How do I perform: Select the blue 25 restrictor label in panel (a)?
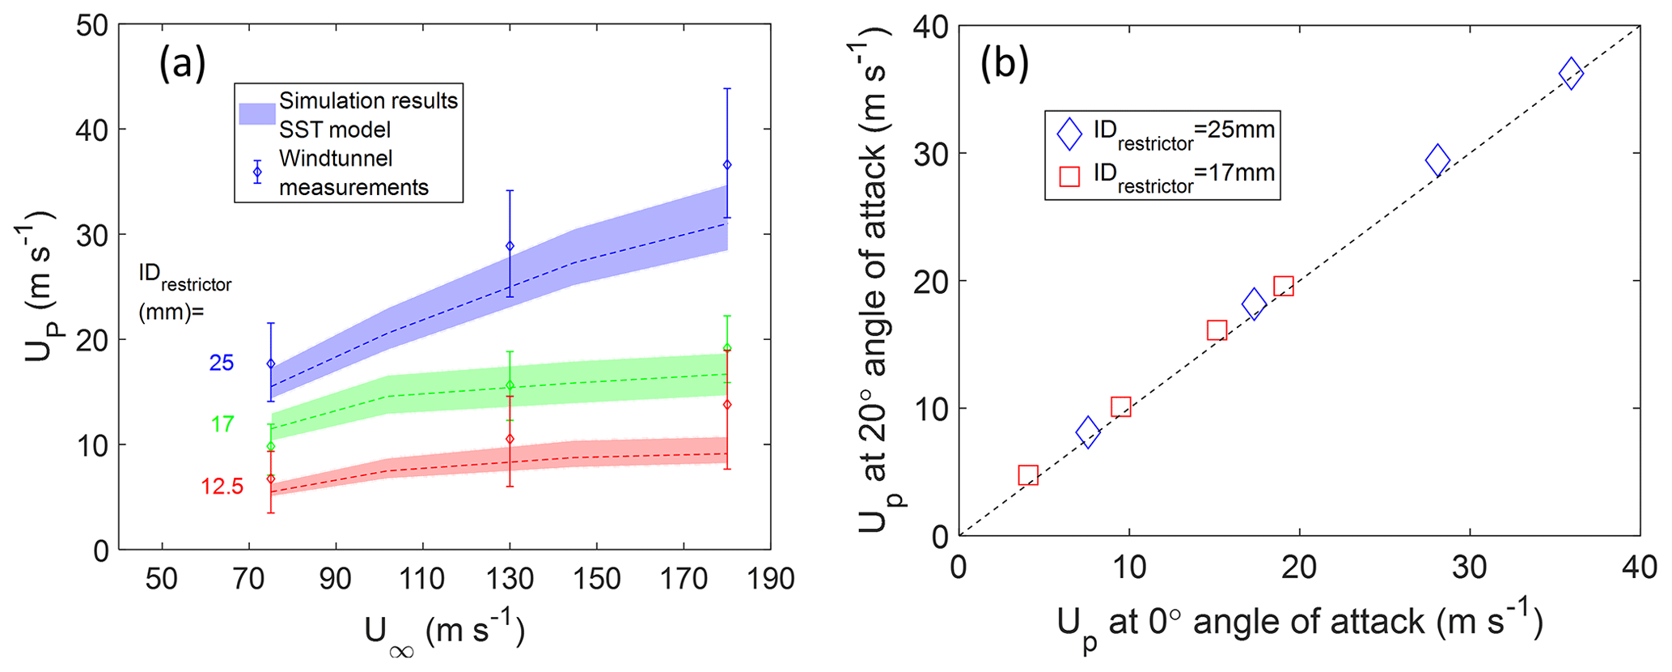pyautogui.click(x=222, y=363)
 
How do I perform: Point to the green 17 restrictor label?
pyautogui.click(x=222, y=423)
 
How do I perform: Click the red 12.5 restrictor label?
pyautogui.click(x=222, y=486)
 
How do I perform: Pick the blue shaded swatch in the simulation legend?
pyautogui.click(x=257, y=114)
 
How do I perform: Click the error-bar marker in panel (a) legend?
pyautogui.click(x=257, y=172)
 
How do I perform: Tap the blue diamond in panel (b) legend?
pyautogui.click(x=1069, y=134)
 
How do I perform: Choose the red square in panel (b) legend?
pyautogui.click(x=1069, y=176)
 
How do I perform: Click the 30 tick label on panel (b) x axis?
pyautogui.click(x=1469, y=568)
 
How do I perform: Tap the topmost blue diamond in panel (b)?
pyautogui.click(x=1570, y=74)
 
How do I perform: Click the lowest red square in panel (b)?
pyautogui.click(x=1028, y=475)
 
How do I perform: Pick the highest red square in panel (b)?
pyautogui.click(x=1284, y=286)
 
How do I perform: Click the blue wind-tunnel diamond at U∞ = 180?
pyautogui.click(x=727, y=164)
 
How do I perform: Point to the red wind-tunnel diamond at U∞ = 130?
pyautogui.click(x=510, y=439)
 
